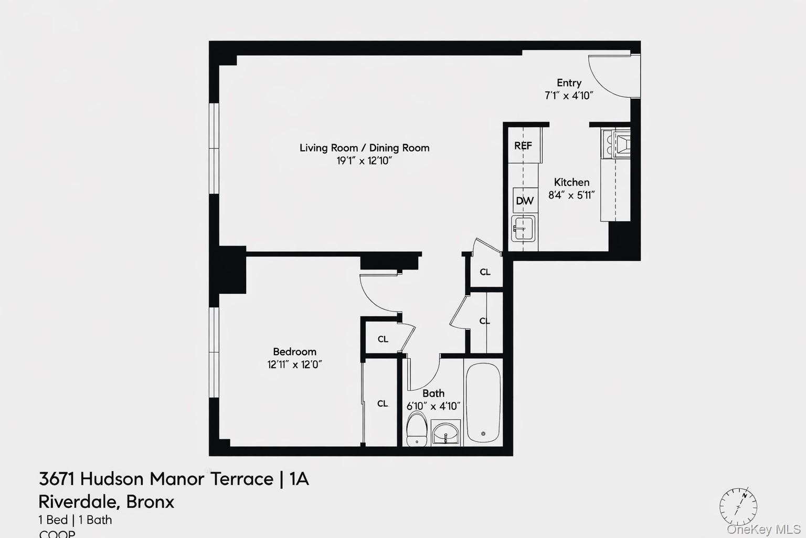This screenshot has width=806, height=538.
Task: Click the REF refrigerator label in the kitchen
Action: pos(523,146)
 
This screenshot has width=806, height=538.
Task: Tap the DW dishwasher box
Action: pos(525,201)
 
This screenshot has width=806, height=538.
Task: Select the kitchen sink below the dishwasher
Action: pos(523,229)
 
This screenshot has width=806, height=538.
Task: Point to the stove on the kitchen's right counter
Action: pos(616,144)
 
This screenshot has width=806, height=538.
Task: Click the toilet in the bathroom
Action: pos(417,429)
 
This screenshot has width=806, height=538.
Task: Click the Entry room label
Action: pos(569,83)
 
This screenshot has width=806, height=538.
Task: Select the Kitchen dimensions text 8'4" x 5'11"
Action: pos(571,195)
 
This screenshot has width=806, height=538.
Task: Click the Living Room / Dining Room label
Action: pos(364,148)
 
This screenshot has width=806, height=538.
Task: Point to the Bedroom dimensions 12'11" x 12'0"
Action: pos(294,365)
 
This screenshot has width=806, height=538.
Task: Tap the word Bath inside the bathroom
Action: pos(433,394)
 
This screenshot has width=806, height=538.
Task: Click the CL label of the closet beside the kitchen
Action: pos(485,272)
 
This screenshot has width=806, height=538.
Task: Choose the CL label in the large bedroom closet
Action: pos(383,403)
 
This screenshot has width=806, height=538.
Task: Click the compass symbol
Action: pos(738,507)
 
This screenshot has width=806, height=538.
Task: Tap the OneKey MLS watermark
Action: pos(763,529)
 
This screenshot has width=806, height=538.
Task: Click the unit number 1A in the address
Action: pos(299,479)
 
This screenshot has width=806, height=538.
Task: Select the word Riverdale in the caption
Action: pos(79,502)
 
